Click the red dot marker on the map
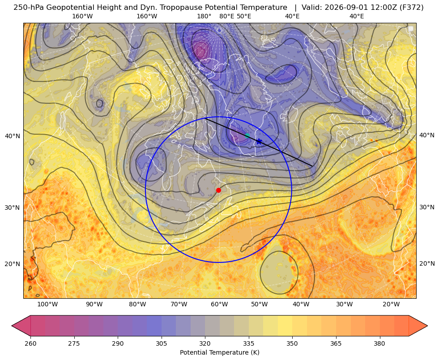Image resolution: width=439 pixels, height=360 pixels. pyautogui.click(x=219, y=190)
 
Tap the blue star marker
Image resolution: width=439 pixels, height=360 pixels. pyautogui.click(x=259, y=141)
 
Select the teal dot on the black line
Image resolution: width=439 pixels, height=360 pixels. pyautogui.click(x=247, y=136)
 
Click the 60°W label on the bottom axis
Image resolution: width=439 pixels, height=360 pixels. pyautogui.click(x=219, y=305)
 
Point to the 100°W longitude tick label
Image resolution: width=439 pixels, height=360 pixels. pyautogui.click(x=47, y=305)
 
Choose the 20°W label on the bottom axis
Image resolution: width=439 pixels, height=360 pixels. pyautogui.click(x=391, y=305)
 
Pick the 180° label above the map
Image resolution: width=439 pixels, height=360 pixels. pyautogui.click(x=204, y=17)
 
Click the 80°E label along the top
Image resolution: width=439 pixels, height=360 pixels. pyautogui.click(x=227, y=17)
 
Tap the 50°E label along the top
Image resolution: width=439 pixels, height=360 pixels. pyautogui.click(x=244, y=17)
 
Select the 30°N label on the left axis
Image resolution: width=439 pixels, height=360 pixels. pyautogui.click(x=13, y=208)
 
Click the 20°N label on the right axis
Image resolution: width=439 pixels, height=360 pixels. pyautogui.click(x=427, y=263)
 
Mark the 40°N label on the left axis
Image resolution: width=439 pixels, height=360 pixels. pyautogui.click(x=13, y=136)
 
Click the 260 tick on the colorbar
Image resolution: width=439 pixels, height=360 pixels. pyautogui.click(x=30, y=343)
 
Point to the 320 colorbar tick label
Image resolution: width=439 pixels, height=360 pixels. pyautogui.click(x=205, y=343)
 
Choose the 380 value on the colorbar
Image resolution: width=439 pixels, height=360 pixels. pyautogui.click(x=379, y=343)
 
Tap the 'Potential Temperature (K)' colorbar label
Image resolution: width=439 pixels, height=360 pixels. pyautogui.click(x=219, y=352)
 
